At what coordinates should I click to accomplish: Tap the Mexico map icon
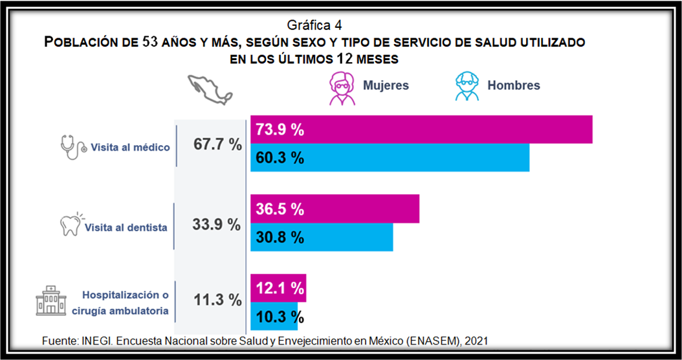click(209, 88)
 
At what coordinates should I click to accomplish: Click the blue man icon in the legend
click(467, 86)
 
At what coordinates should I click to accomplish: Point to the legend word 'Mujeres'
click(386, 85)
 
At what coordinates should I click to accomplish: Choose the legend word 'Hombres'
click(513, 85)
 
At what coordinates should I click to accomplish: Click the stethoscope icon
click(72, 147)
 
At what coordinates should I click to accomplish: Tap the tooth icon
click(70, 224)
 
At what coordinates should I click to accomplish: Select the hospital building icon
click(51, 301)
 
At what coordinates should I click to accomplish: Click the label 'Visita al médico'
click(130, 147)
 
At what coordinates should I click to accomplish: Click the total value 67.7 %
click(217, 144)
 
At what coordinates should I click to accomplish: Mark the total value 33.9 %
click(216, 225)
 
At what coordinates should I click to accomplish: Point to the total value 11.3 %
click(217, 300)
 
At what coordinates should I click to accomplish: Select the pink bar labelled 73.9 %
click(421, 129)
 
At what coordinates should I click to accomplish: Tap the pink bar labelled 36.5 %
click(335, 209)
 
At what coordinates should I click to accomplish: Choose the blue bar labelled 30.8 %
click(322, 238)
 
